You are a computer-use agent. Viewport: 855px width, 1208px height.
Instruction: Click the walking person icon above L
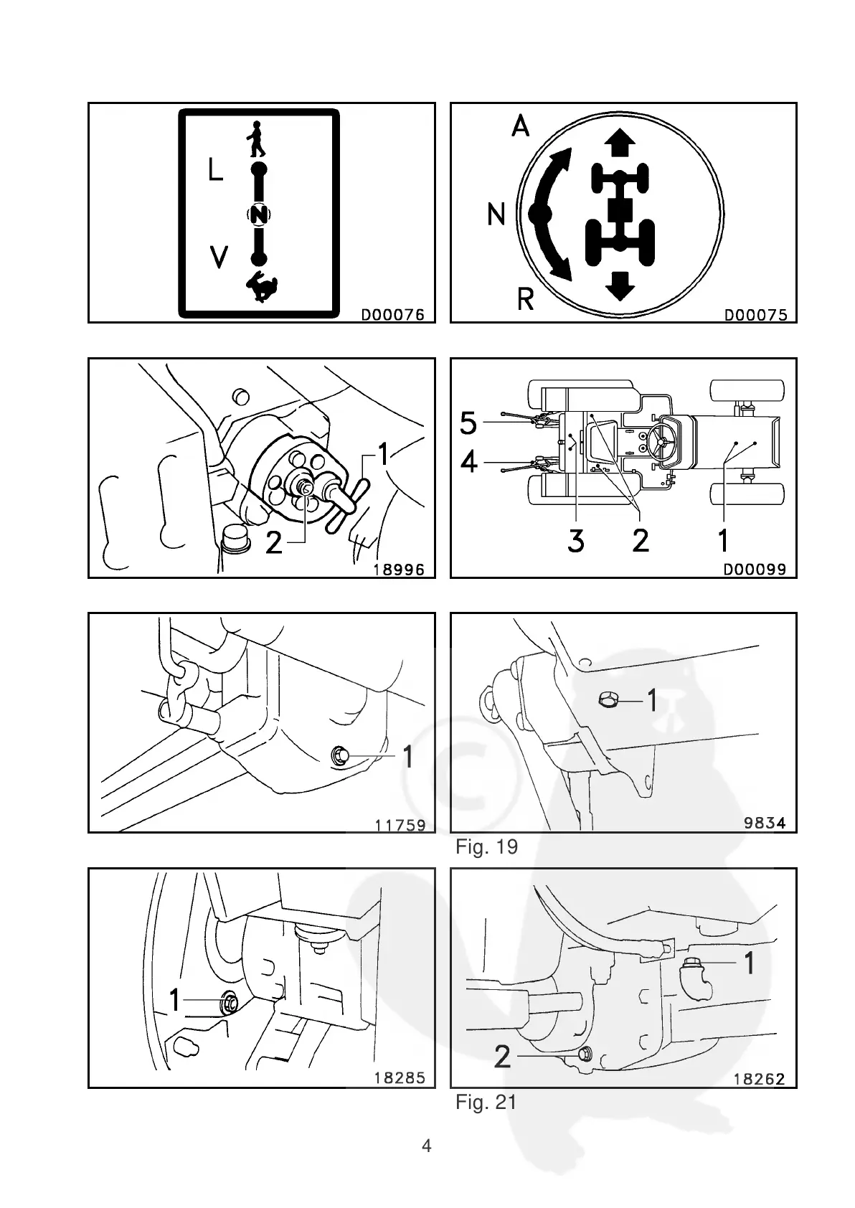point(256,139)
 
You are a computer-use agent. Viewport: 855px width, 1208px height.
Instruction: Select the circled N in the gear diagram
point(259,214)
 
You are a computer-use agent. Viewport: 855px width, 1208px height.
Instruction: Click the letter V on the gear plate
point(218,256)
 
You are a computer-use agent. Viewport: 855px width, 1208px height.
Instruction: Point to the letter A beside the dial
point(520,126)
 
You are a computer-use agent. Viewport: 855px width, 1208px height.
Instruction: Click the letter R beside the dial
point(526,298)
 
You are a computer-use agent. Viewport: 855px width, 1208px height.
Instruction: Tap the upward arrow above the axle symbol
point(620,141)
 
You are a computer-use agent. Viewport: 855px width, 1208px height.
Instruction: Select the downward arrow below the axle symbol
point(620,286)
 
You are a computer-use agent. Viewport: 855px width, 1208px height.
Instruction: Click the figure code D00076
point(392,314)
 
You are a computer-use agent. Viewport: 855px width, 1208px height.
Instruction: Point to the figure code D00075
point(755,314)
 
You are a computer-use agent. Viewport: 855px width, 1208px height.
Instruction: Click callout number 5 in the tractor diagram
point(468,423)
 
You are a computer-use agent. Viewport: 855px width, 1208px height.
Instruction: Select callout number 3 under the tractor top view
point(575,540)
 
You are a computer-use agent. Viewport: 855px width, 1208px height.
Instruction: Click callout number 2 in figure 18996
point(274,543)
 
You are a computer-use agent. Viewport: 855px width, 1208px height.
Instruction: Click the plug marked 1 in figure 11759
point(341,755)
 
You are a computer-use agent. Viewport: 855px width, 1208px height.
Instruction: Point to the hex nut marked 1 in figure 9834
point(608,700)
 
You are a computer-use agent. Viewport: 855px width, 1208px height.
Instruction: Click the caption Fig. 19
point(486,847)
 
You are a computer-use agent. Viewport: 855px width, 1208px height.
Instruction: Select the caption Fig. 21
point(486,1102)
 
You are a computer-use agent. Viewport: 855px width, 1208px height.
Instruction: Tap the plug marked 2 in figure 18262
point(584,1054)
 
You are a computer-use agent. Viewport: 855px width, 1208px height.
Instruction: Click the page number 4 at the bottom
point(427,1146)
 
